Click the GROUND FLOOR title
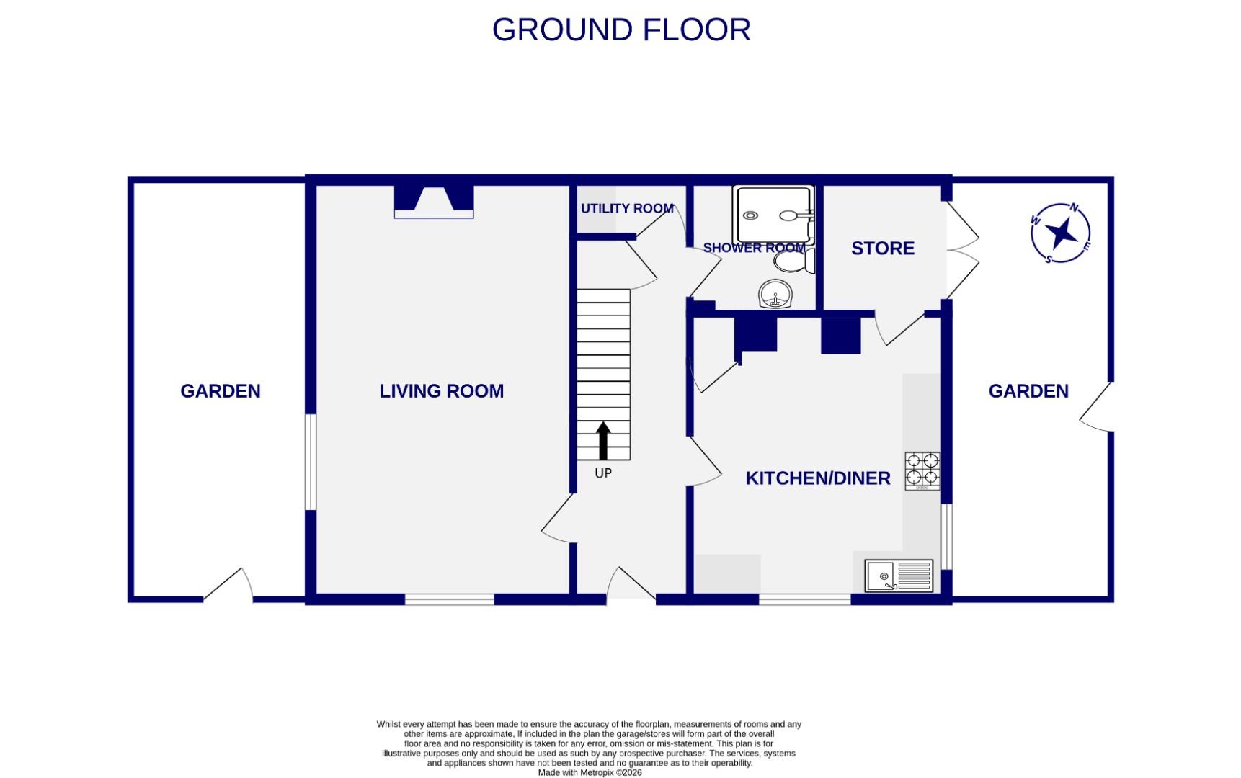[621, 30]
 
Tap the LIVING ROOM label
[441, 391]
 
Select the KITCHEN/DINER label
[817, 478]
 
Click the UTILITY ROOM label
[626, 208]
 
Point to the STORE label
[882, 249]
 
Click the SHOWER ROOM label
[753, 248]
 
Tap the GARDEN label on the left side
[220, 391]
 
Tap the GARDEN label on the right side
[1028, 391]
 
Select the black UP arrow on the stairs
[603, 441]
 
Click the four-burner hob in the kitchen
[922, 470]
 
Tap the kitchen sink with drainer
[899, 576]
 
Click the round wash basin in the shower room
[775, 294]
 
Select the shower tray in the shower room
[773, 214]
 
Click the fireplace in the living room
[434, 201]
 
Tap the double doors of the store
[962, 250]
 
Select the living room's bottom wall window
[449, 599]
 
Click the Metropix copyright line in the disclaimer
[590, 772]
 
